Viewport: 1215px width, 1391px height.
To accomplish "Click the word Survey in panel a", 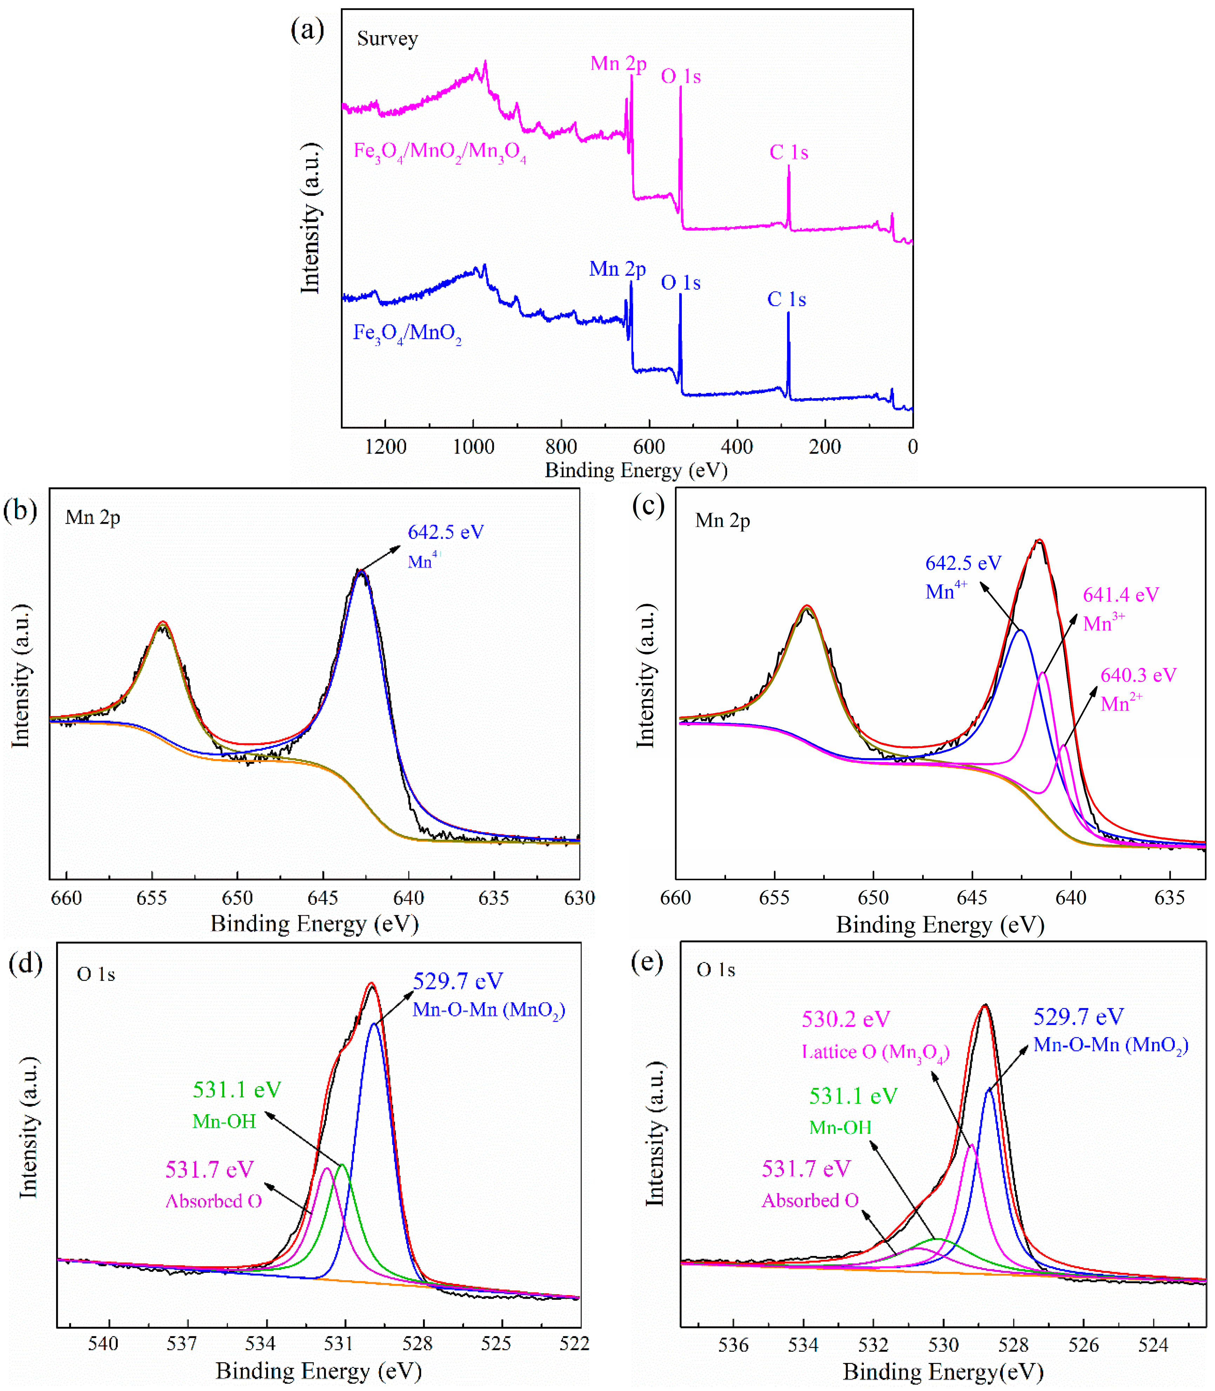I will [x=387, y=39].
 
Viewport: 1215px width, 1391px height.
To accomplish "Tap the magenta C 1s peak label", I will [x=788, y=153].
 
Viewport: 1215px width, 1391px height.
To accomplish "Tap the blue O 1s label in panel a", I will [x=681, y=283].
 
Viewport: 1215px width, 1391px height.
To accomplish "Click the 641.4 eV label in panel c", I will [x=1121, y=595].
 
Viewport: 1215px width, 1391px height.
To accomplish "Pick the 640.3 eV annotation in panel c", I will [x=1139, y=675].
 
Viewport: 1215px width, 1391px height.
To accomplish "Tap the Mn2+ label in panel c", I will [x=1121, y=703].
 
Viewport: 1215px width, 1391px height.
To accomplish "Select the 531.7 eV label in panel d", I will [x=209, y=1169].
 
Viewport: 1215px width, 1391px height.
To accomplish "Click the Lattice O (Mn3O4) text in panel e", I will [x=875, y=1052].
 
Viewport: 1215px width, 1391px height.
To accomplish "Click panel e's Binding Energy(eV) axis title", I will [x=942, y=1372].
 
